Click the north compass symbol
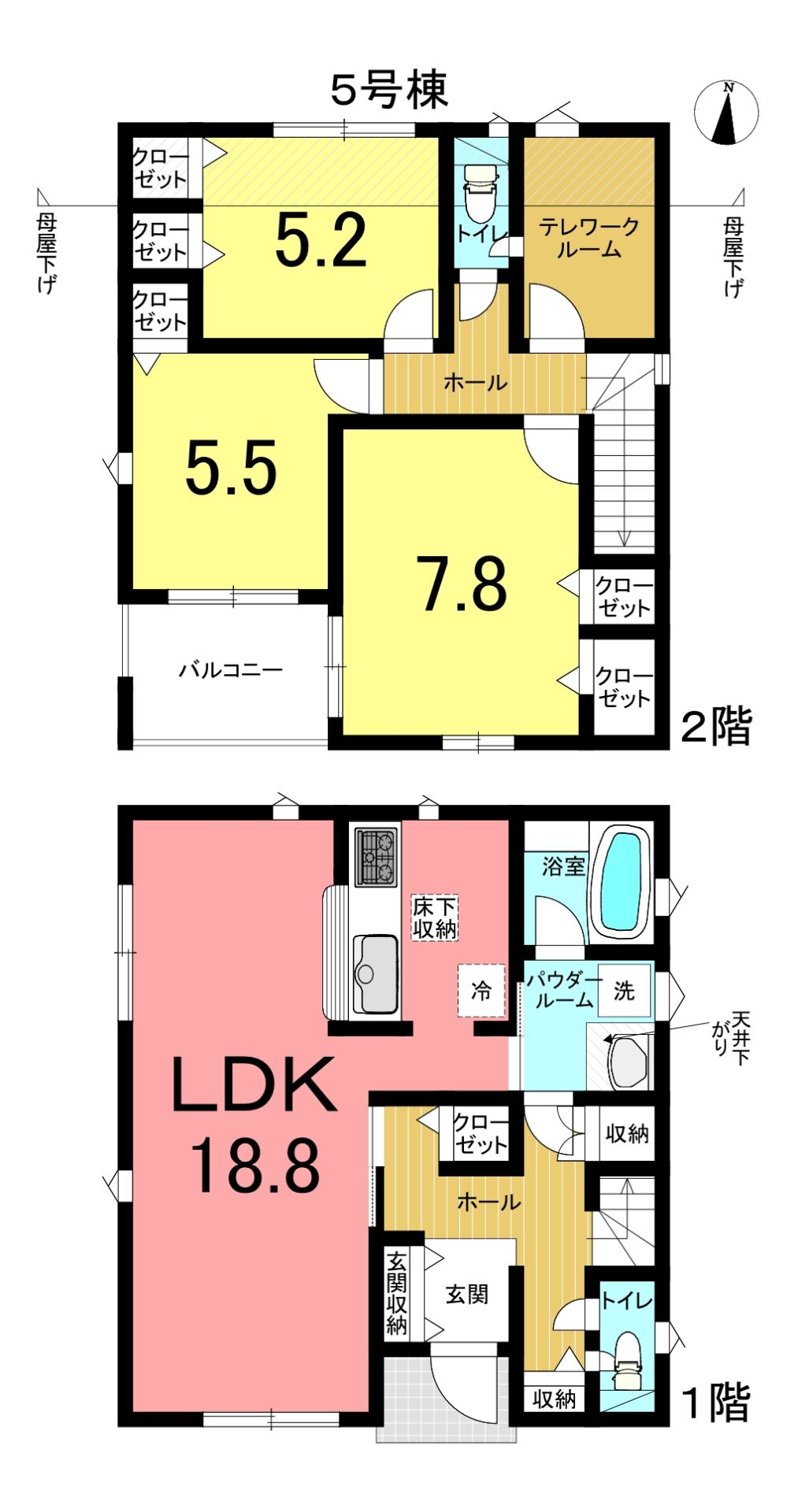[726, 113]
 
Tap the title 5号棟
[389, 89]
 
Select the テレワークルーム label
[589, 239]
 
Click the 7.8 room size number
[465, 584]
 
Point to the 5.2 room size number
[321, 239]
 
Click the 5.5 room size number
[232, 467]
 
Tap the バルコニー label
[230, 670]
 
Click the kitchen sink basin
[375, 973]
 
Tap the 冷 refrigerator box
[481, 990]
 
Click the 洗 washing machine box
[624, 990]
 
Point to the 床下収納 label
[435, 917]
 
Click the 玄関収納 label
[397, 1293]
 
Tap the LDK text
[254, 1085]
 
